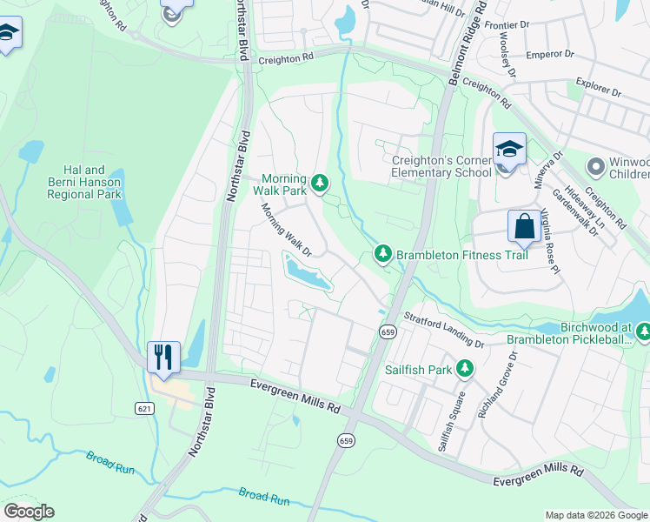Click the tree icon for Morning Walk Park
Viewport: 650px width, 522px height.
tap(321, 182)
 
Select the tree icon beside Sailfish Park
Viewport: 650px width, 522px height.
tap(466, 369)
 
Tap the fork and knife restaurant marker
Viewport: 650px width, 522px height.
tap(162, 357)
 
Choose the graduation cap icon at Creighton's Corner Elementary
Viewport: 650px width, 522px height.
tap(509, 149)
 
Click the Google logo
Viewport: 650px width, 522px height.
tap(29, 512)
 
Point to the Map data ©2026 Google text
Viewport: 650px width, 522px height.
tap(595, 515)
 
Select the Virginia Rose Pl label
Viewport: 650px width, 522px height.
tap(549, 238)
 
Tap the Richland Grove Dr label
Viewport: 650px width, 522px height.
tap(498, 385)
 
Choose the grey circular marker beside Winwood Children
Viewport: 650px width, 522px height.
tap(596, 165)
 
